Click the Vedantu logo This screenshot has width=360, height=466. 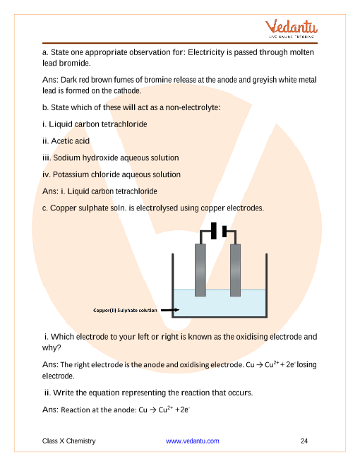tap(291, 29)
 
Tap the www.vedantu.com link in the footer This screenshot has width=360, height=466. tap(193, 441)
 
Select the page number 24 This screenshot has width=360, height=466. tap(304, 441)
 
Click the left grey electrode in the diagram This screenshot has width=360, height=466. tap(200, 270)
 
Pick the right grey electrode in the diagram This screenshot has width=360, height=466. tap(235, 270)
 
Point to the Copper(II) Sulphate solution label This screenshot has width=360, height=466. tap(125, 310)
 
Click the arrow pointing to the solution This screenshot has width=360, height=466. tap(170, 310)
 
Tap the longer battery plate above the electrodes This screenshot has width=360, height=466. tap(214, 231)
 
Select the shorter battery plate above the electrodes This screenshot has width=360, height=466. tap(224, 231)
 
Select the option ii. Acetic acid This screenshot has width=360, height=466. tap(66, 141)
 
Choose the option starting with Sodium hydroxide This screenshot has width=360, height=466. tap(111, 158)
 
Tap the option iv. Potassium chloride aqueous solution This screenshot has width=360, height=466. tap(112, 174)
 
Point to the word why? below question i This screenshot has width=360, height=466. tap(52, 347)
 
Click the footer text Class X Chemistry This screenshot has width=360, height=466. tap(69, 441)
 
